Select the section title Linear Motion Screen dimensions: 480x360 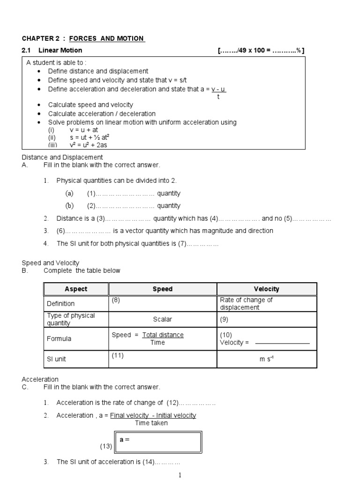(x=60, y=50)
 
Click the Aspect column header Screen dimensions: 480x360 (x=76, y=289)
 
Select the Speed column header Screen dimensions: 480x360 (x=163, y=289)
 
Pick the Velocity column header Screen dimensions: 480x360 (x=266, y=289)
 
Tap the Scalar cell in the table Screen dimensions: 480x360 (x=163, y=319)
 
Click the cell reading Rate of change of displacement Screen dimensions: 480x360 (x=246, y=303)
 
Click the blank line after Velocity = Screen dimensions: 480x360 (x=282, y=343)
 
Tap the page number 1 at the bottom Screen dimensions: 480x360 (x=180, y=475)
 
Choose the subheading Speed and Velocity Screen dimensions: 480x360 (x=51, y=263)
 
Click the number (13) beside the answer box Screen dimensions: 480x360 (x=106, y=446)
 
